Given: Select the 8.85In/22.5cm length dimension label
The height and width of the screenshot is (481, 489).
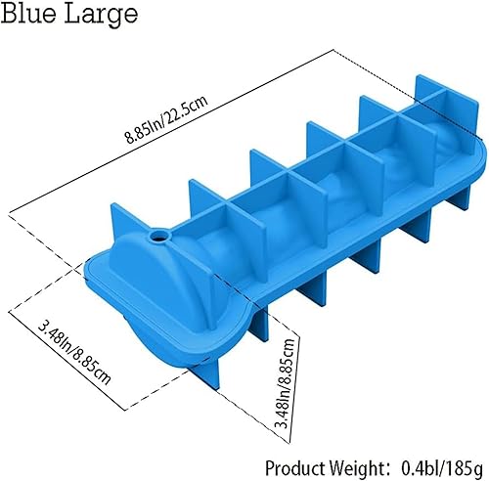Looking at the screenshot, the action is point(166,120).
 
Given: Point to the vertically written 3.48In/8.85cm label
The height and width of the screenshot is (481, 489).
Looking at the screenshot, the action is point(285,383).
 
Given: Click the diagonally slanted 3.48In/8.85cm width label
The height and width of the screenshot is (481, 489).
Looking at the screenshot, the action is point(74,353).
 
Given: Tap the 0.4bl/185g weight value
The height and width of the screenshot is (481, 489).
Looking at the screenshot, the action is point(441,468).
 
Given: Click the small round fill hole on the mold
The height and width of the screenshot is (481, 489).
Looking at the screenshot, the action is point(159,235).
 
